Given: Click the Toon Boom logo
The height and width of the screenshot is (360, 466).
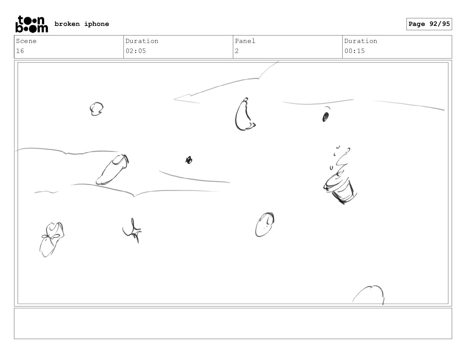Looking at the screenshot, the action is tap(32, 24).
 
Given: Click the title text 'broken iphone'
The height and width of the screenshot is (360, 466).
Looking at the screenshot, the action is tap(82, 24).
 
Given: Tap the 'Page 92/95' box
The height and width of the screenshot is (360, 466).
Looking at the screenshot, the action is tap(429, 24).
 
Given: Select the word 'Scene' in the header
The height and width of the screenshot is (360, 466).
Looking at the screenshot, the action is tap(26, 41).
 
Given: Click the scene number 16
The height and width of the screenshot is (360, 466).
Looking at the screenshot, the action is tap(20, 51).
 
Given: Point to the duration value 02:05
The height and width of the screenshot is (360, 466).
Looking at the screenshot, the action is tap(136, 51).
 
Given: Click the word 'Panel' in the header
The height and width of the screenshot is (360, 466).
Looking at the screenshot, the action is tap(245, 41).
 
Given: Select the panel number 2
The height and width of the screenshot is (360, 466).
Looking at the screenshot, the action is tap(237, 51).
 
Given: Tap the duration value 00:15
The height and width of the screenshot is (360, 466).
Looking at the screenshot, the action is tap(355, 51).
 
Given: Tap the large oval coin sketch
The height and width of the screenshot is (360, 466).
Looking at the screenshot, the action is tap(265, 225).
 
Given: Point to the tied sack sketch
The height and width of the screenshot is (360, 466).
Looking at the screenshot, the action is tap(52, 239).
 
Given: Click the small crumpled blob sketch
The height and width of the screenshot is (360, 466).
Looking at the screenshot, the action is tap(96, 109).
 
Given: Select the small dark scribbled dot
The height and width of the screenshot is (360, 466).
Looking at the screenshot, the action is tap(189, 160).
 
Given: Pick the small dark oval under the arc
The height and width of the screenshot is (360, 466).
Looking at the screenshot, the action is tap(326, 117).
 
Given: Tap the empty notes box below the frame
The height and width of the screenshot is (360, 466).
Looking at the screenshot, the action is tap(233, 324).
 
